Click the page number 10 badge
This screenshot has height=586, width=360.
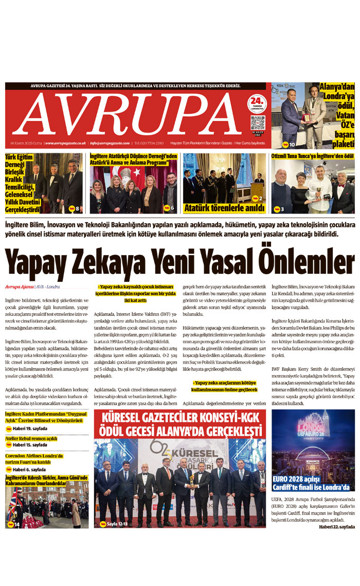289,145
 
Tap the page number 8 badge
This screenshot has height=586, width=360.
75,208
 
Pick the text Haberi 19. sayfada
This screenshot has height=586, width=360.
29,429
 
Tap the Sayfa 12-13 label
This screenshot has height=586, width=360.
117,524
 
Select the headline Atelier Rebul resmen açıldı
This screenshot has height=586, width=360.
31,438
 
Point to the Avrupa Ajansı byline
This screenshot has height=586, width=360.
20,286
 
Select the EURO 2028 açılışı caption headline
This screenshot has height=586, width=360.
311,484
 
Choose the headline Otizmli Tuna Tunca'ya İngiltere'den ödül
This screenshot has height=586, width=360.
312,155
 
